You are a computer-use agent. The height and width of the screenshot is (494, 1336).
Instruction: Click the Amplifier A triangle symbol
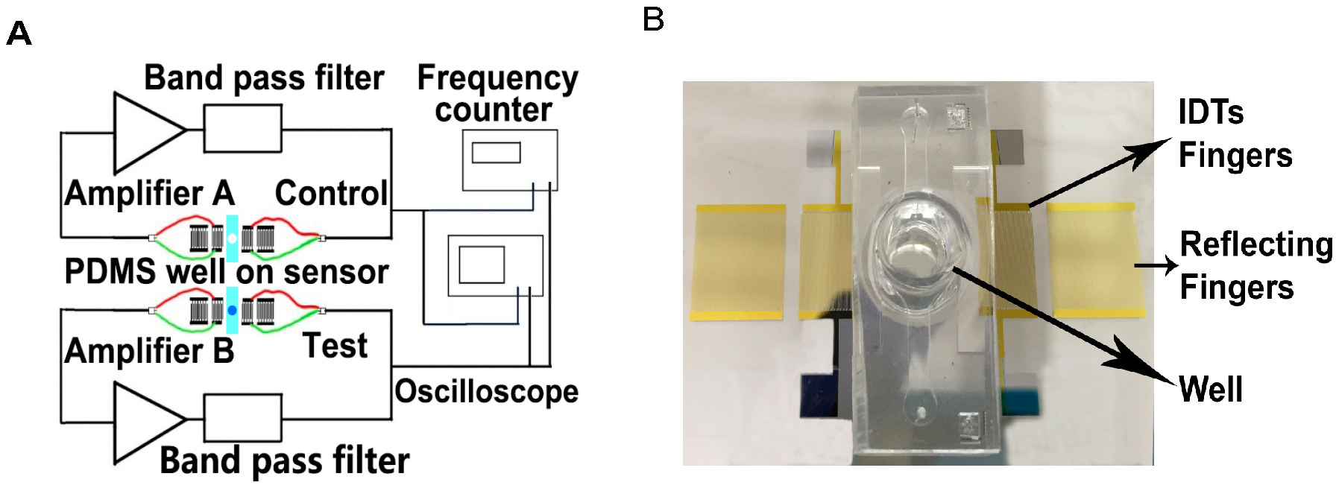[x=145, y=132]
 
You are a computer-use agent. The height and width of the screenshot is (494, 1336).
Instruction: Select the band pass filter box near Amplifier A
[x=243, y=128]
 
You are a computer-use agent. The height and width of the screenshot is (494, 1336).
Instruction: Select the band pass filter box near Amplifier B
[x=243, y=418]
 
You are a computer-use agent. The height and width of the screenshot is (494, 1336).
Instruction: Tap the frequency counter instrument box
[x=509, y=159]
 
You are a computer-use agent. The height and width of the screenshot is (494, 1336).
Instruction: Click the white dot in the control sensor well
[x=232, y=238]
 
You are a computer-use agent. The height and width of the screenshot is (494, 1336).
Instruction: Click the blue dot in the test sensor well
[x=232, y=310]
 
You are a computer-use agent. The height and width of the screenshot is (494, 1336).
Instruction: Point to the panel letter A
[x=19, y=34]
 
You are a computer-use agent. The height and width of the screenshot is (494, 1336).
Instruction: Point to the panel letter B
[x=653, y=19]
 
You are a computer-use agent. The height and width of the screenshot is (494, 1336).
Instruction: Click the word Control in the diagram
[x=332, y=194]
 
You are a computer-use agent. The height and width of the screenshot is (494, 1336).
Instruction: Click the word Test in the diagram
[x=335, y=346]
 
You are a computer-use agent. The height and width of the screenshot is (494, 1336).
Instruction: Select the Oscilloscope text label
[x=486, y=391]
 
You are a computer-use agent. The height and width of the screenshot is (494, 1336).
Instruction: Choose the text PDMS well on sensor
[x=227, y=272]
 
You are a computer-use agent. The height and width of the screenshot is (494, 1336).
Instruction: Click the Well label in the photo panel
[x=1211, y=389]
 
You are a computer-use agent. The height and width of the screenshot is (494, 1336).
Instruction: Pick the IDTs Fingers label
[x=1235, y=134]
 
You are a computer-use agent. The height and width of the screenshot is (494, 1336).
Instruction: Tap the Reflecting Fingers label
[x=1255, y=265]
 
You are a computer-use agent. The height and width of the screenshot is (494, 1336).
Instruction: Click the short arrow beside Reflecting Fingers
[x=1156, y=265]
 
